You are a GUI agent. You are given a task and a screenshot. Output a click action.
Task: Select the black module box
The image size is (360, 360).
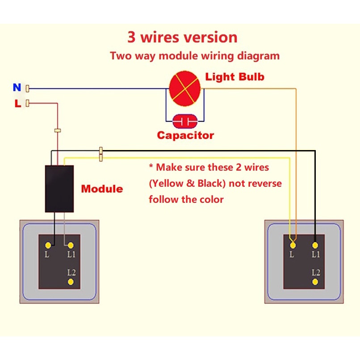pos(59,188)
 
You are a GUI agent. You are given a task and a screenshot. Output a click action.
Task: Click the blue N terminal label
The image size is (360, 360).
pos(17,88)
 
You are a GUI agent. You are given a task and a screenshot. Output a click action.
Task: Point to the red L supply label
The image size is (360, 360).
pos(17,104)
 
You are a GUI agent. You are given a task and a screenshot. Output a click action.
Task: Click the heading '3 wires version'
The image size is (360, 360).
pos(182,37)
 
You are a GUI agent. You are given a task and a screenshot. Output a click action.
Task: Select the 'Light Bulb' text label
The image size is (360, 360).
pos(234,77)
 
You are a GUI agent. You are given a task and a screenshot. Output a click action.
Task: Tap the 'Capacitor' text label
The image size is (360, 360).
pos(185,135)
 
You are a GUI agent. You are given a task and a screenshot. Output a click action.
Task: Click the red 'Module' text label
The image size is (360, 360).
pos(102,189)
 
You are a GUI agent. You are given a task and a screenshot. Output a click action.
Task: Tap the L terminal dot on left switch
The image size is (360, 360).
pos(47,245)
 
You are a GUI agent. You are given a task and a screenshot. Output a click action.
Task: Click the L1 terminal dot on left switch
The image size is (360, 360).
pos(70,245)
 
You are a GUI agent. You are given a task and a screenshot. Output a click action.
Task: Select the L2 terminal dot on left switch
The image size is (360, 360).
pos(71,281)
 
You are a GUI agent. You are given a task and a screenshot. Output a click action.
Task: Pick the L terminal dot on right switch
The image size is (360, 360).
pos(292,245)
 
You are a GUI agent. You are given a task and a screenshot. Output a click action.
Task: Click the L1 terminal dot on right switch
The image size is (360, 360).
pos(315,245)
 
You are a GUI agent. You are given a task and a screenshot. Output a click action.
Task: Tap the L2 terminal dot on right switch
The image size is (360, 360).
pos(315,282)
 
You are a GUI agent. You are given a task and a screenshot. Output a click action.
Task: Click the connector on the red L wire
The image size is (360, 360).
pos(57,131)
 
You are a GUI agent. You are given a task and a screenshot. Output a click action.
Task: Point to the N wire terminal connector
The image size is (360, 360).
pos(28,88)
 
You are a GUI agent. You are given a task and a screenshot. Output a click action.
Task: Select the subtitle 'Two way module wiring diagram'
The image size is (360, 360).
pos(195,56)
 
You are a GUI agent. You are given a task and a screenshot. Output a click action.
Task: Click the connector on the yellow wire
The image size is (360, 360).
pos(101,158)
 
